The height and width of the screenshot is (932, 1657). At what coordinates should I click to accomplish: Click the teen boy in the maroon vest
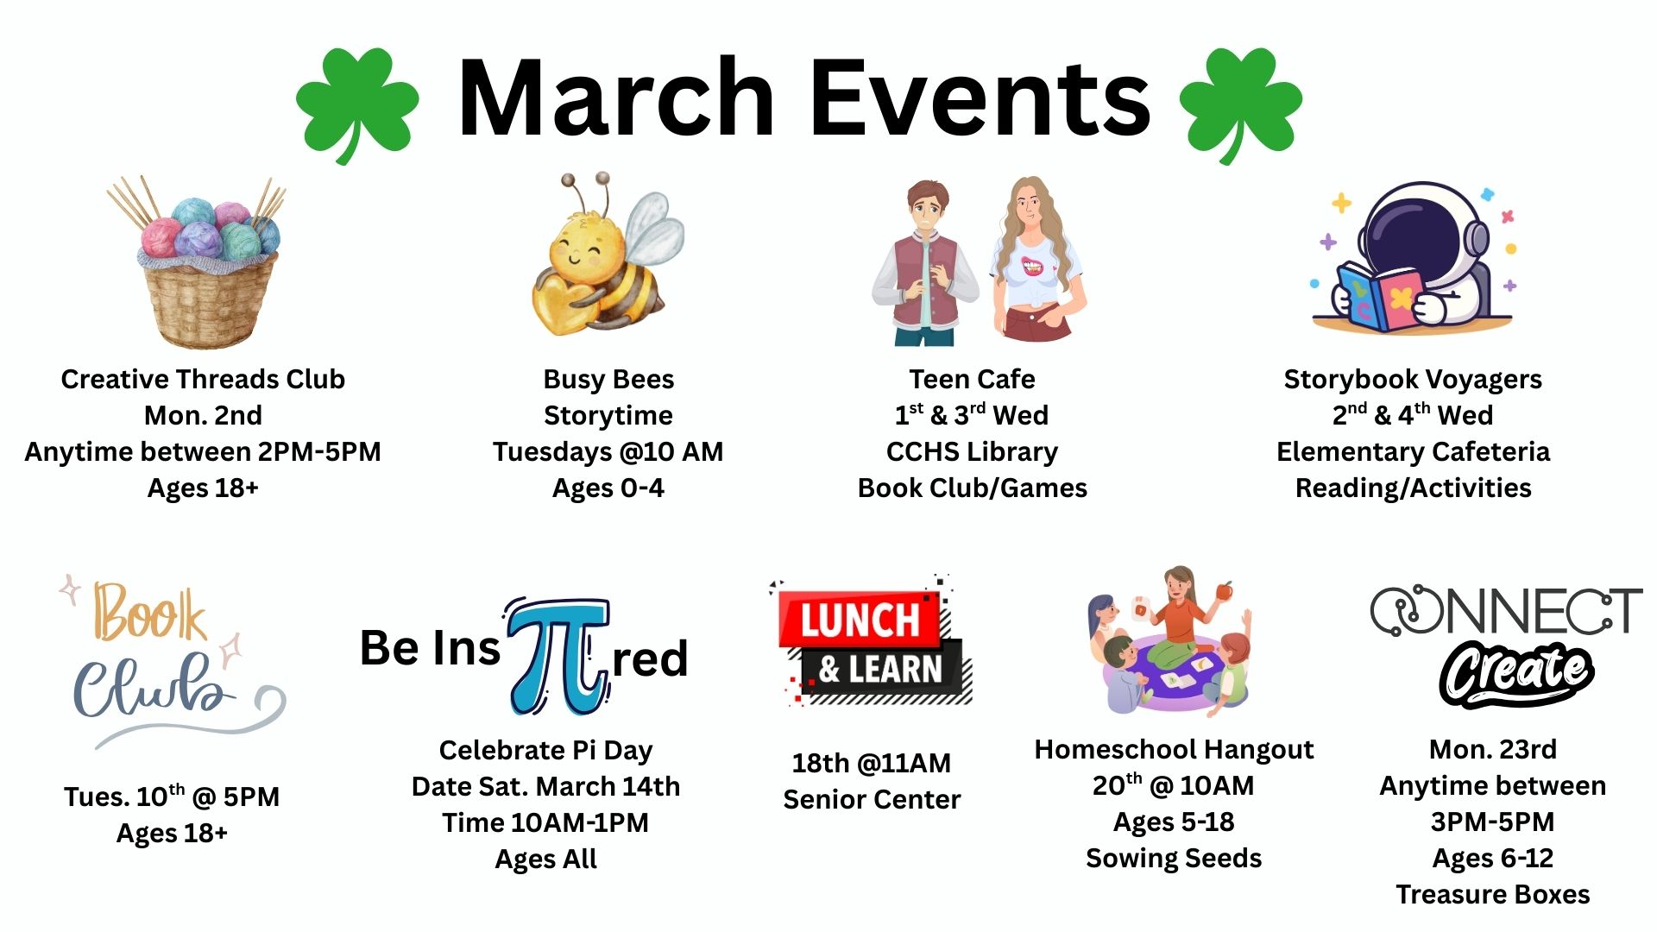924,263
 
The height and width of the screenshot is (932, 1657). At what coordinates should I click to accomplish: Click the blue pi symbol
558,656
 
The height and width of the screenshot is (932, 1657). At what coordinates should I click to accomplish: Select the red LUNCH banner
859,620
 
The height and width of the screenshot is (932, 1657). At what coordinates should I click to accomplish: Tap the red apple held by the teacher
1223,592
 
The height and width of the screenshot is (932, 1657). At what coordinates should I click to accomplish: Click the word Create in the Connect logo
1516,674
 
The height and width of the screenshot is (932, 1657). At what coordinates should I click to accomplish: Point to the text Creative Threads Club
203,379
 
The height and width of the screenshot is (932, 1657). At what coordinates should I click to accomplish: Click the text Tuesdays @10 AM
608,451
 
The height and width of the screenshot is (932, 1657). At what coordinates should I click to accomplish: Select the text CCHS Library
972,451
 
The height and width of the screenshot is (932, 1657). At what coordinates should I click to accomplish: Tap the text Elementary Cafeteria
1413,451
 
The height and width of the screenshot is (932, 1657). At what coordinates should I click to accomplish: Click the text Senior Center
872,799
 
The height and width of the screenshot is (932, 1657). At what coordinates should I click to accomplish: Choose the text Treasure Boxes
1493,894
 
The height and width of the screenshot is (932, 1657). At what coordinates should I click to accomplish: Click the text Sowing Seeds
1174,858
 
